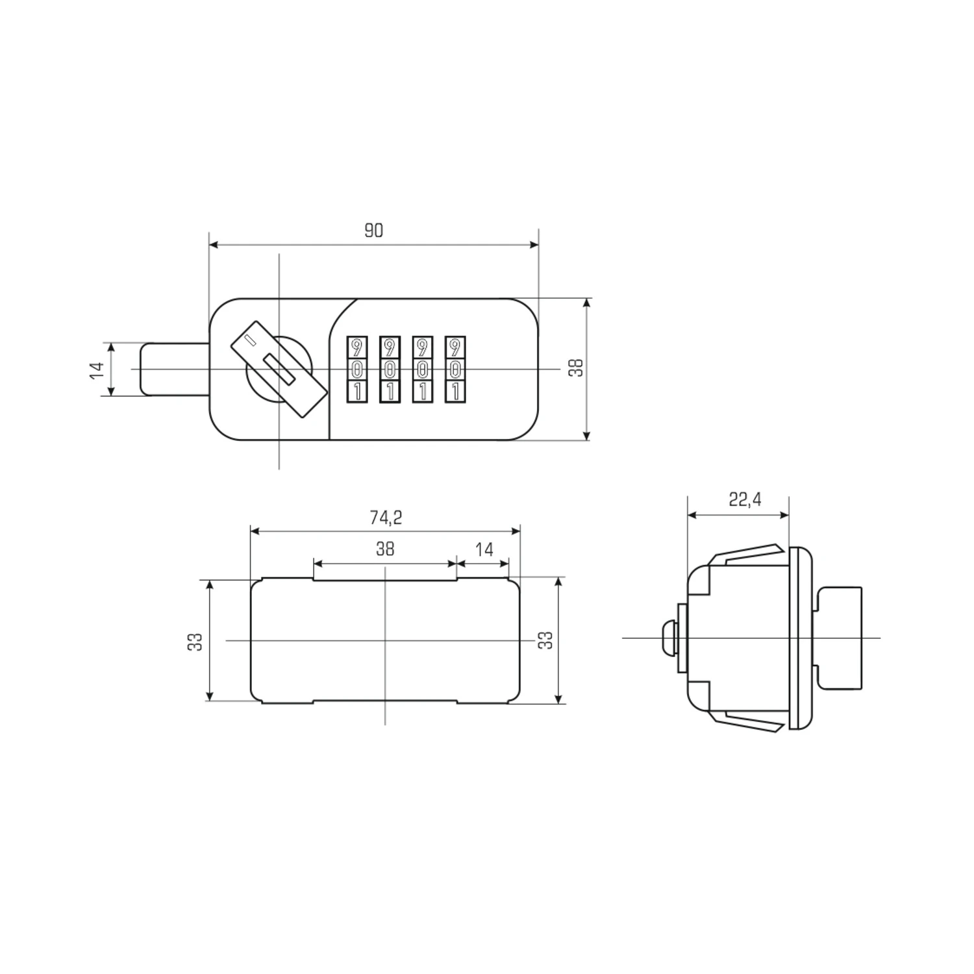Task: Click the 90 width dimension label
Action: (x=373, y=231)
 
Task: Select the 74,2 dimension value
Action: (x=386, y=517)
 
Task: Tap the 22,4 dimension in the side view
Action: (x=745, y=499)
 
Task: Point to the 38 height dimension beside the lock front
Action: (x=576, y=368)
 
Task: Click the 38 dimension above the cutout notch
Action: (x=385, y=549)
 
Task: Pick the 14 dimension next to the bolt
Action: (x=97, y=369)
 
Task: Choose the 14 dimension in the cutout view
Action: (x=484, y=550)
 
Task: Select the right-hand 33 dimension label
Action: (x=547, y=640)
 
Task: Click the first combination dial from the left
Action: (x=356, y=369)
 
